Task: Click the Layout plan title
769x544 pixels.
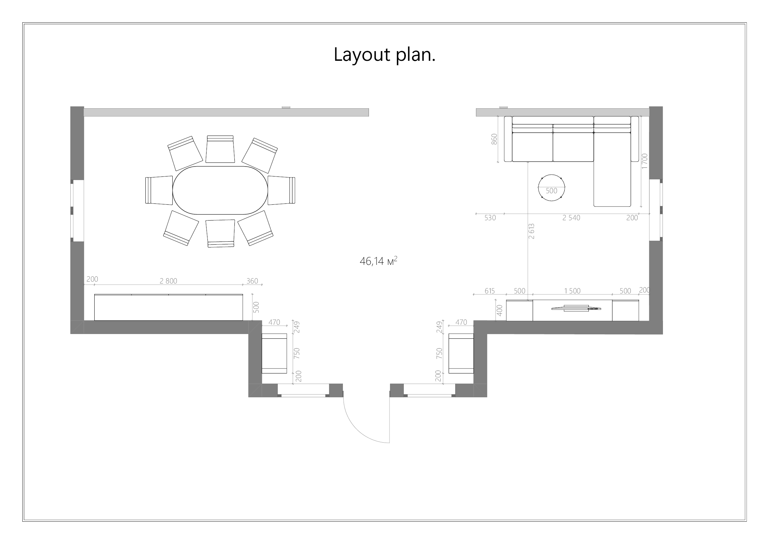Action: coord(384,55)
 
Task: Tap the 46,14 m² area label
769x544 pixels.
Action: coord(379,261)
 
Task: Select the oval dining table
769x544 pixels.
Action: coord(220,190)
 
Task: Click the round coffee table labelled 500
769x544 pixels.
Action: coord(551,188)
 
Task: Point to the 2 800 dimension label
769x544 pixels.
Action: coord(168,281)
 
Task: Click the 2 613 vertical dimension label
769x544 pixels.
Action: coord(531,231)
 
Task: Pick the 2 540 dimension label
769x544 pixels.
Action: coord(571,218)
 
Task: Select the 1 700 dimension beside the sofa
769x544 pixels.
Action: coord(644,161)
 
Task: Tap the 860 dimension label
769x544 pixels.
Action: coord(494,139)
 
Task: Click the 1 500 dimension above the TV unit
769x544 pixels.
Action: coord(572,291)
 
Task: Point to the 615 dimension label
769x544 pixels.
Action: coord(490,291)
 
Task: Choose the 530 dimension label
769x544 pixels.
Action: coord(490,218)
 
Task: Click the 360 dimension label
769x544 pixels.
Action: coord(252,281)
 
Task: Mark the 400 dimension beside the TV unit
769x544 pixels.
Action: coord(499,310)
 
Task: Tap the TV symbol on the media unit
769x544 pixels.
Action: coord(576,308)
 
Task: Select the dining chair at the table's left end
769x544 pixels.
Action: coord(159,190)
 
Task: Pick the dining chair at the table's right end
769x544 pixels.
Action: coord(281,190)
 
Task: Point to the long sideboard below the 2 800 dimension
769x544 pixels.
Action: coord(168,307)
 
